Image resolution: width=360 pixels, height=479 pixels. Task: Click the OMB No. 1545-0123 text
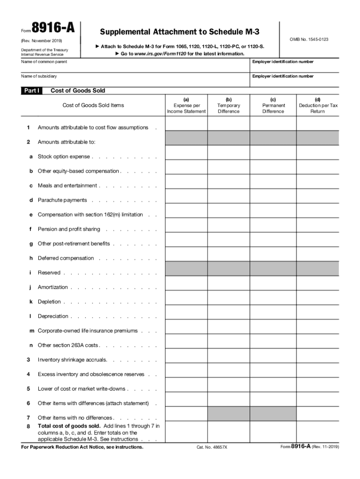click(x=309, y=39)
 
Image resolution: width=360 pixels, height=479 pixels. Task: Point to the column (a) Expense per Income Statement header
click(x=186, y=105)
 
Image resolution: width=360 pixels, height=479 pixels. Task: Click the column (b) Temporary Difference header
click(x=228, y=105)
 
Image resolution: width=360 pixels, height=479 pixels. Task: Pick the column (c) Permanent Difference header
click(x=273, y=105)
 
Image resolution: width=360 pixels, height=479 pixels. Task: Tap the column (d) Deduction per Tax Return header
click(x=318, y=105)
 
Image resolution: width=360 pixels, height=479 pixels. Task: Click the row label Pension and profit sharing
click(x=69, y=229)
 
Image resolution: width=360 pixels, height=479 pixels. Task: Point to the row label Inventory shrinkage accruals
click(x=72, y=360)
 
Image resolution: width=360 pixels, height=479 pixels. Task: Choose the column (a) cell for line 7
click(x=186, y=414)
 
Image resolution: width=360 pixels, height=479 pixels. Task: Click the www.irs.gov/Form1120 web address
click(x=159, y=54)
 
